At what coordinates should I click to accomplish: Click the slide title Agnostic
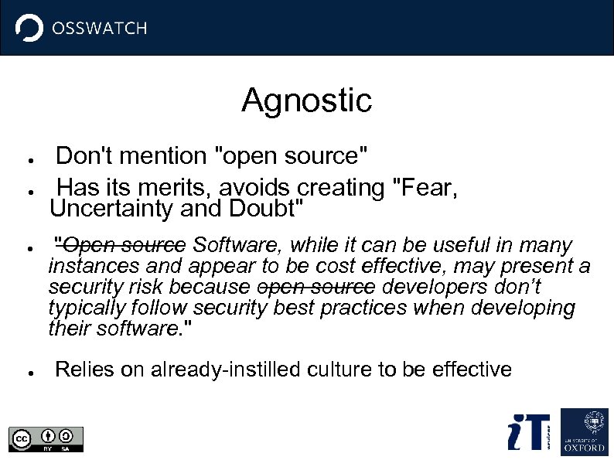pos(306,100)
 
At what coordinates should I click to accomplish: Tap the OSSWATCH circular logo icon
pos(29,29)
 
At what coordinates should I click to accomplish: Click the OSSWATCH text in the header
pos(98,29)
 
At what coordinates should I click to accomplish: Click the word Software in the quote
pos(238,246)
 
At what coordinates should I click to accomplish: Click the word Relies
pos(84,370)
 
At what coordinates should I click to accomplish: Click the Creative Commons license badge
pos(46,438)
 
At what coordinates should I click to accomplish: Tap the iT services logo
pos(529,432)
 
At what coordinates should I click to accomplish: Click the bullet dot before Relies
pos(27,372)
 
